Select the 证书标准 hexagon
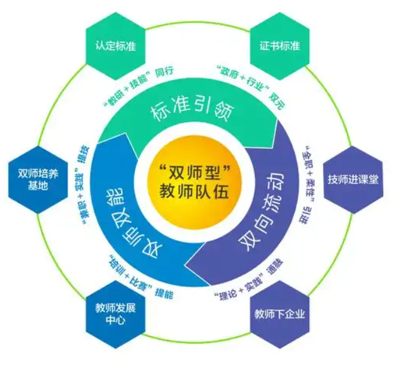279,46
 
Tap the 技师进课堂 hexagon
353,179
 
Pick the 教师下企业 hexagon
279,313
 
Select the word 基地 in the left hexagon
34,187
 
